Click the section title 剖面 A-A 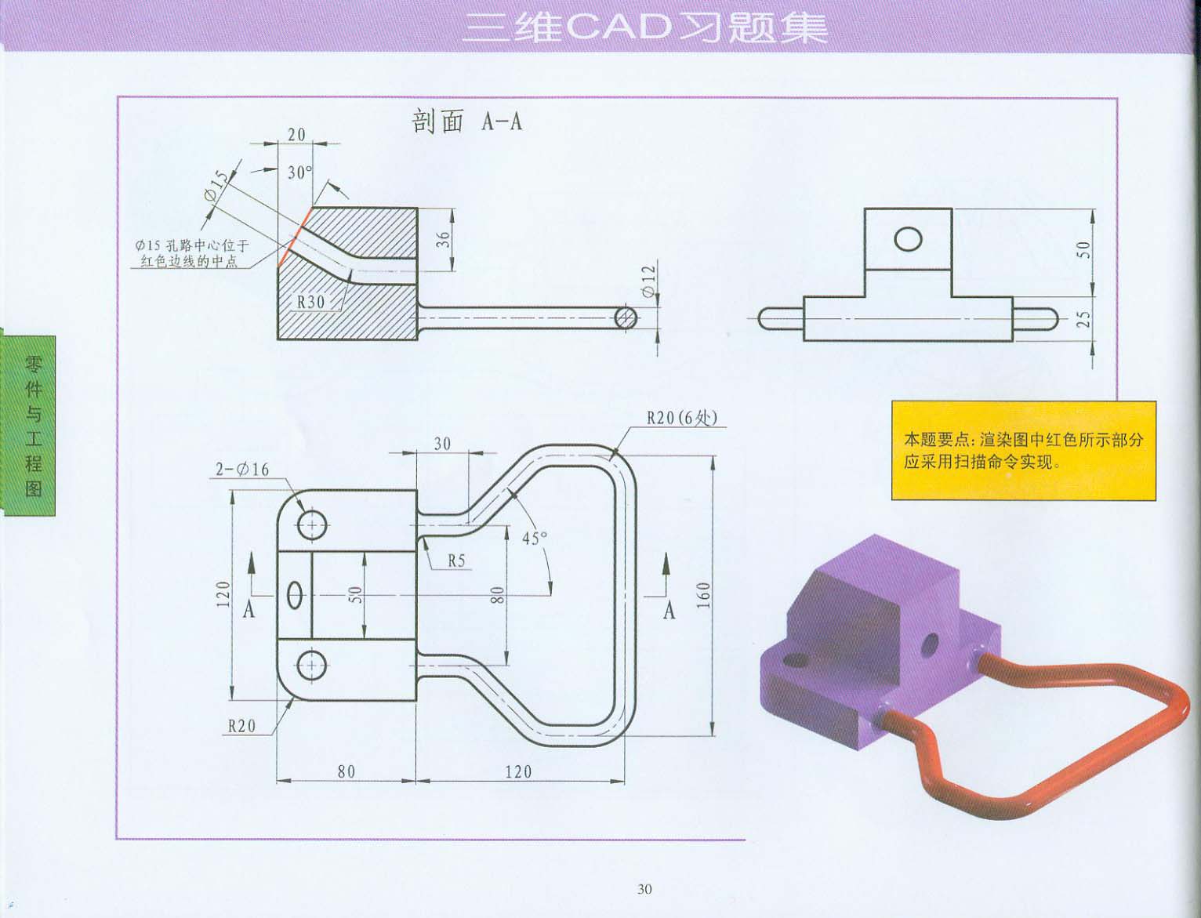(467, 122)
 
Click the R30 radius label (310, 302)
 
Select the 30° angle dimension (299, 172)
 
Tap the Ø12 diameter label (648, 280)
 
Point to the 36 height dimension (444, 240)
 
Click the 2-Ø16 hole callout (242, 470)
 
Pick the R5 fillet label (456, 561)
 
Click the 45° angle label (535, 539)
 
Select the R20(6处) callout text (681, 418)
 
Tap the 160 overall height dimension (702, 595)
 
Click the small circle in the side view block (908, 238)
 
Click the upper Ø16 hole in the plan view (312, 524)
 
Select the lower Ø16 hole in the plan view (312, 666)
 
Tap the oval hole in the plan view (295, 594)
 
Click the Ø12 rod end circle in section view (626, 317)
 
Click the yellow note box (1023, 451)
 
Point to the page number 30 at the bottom (644, 889)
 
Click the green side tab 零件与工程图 (32, 426)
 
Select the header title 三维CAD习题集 (644, 27)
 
